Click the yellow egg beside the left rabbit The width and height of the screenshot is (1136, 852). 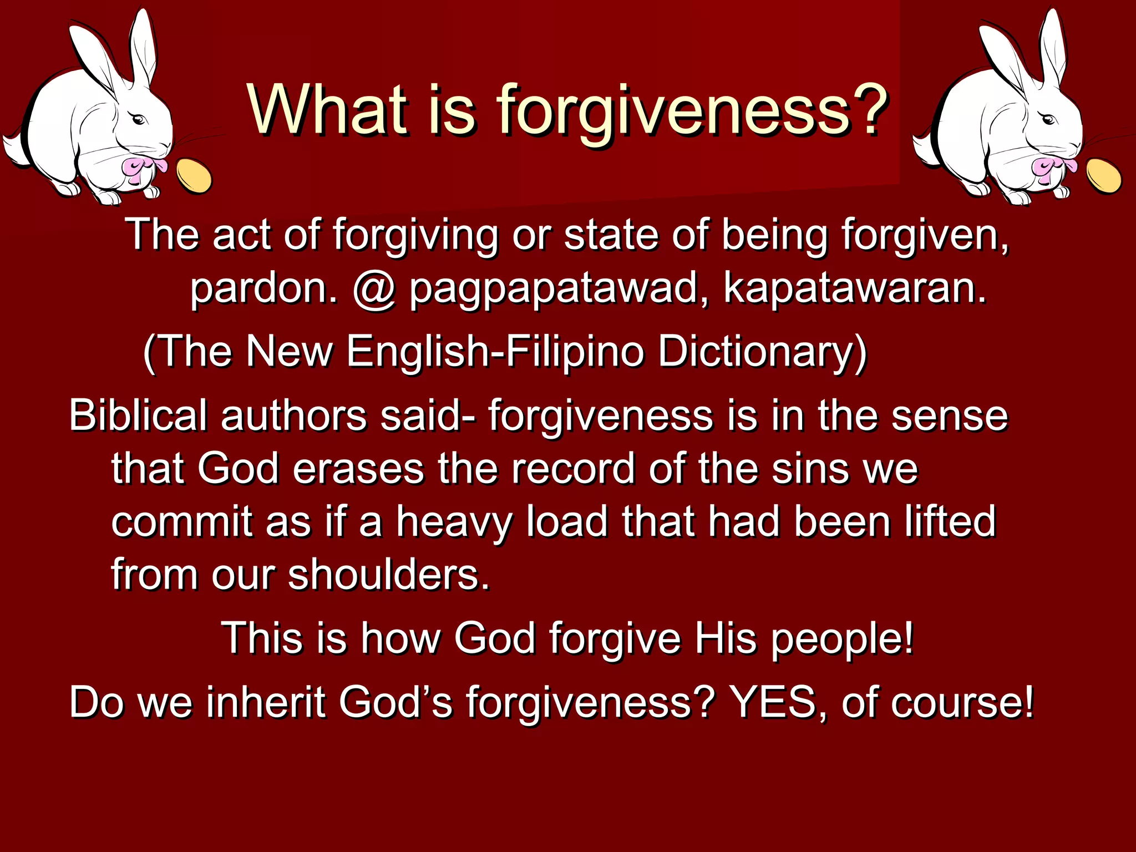tap(194, 175)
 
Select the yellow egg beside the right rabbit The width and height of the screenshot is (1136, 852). tap(1103, 175)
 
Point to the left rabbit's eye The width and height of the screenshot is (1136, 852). tap(139, 119)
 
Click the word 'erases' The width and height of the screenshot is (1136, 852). tap(358, 469)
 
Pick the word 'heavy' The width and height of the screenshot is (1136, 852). tap(455, 523)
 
